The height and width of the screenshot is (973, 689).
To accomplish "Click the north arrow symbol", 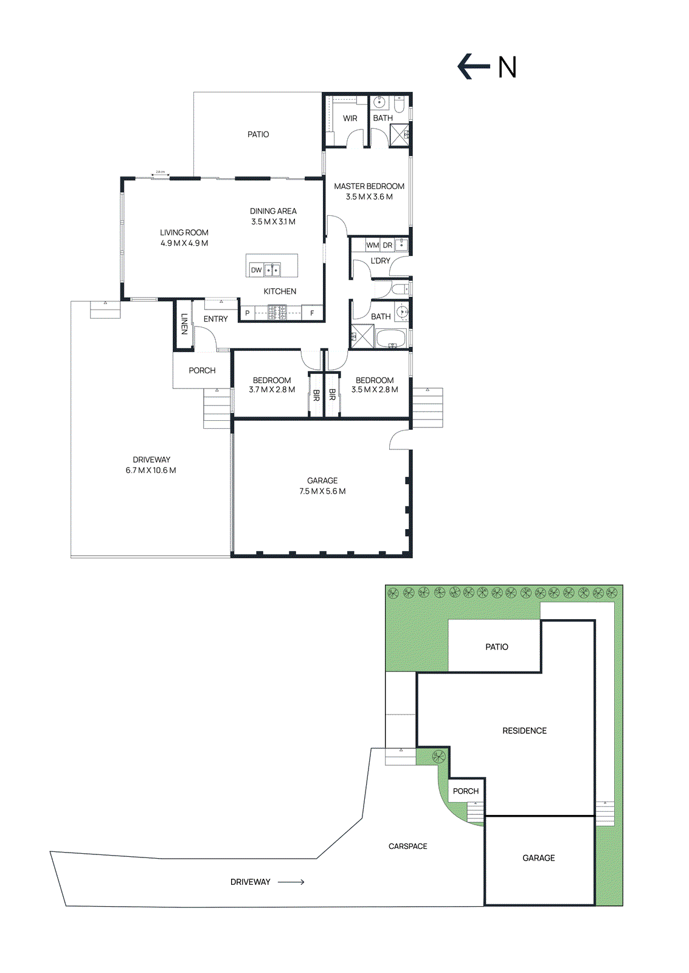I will click(473, 67).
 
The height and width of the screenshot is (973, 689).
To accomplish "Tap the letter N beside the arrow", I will click(507, 68).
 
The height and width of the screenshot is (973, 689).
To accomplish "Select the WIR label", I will click(350, 119).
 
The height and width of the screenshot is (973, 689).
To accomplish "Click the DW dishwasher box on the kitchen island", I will click(257, 270).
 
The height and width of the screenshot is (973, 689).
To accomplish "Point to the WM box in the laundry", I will click(372, 245).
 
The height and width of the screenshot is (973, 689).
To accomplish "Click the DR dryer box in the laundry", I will click(387, 245).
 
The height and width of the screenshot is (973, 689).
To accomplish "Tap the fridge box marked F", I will click(312, 313).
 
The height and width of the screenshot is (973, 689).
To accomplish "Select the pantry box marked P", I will click(248, 313).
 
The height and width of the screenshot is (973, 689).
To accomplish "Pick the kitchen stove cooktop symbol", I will click(278, 313).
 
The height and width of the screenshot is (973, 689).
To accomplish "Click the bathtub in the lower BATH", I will click(390, 339).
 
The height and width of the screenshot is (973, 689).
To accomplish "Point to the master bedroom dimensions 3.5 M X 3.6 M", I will click(369, 197).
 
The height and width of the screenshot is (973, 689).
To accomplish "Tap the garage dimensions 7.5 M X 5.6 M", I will click(322, 491).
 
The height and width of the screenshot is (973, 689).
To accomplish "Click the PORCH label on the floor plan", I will click(202, 370).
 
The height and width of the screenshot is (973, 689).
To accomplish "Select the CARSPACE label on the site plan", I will click(407, 847).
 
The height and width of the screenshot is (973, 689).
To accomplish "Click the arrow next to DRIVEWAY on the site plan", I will click(291, 882).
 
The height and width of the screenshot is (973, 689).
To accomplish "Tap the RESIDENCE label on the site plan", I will click(524, 731).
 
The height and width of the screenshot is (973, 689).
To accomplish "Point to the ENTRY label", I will click(215, 319).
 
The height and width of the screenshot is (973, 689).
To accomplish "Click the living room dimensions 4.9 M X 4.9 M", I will click(184, 243).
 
